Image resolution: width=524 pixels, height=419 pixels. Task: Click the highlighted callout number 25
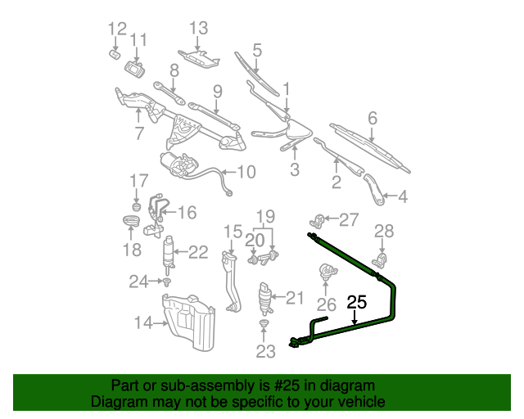click(x=356, y=302)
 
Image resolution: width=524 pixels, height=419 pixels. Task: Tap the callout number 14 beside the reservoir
click(x=142, y=322)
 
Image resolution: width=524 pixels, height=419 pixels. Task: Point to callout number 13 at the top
click(x=199, y=29)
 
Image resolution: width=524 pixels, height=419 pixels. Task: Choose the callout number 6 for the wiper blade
click(x=373, y=119)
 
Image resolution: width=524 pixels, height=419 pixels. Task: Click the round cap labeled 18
click(x=131, y=222)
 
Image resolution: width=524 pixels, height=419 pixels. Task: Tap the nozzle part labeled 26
click(x=327, y=272)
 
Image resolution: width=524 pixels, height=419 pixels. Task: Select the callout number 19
click(x=263, y=217)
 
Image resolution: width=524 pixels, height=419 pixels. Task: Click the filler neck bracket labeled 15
click(x=230, y=278)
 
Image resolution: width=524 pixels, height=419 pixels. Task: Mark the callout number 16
click(x=187, y=213)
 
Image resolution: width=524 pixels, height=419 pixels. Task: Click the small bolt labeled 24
click(x=166, y=282)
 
